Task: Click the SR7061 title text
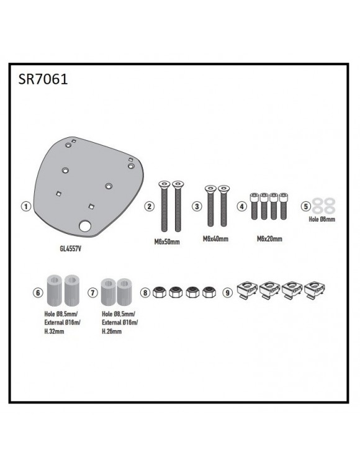tap(41, 80)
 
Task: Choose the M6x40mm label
tap(215, 238)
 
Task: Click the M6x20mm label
tap(269, 238)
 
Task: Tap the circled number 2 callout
tap(149, 206)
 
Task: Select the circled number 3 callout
tap(197, 206)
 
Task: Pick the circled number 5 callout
tap(305, 206)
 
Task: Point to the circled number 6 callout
tap(38, 291)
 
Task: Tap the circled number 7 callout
tap(93, 291)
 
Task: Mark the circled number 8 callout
tap(145, 291)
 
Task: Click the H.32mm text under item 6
tap(53, 331)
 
